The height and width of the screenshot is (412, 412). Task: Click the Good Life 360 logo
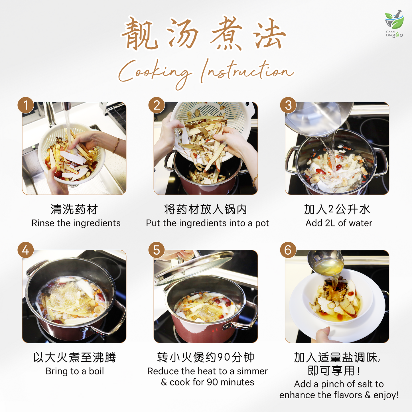[394, 24]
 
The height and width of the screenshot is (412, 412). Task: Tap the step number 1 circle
[26, 105]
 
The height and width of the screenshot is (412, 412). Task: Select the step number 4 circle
[26, 250]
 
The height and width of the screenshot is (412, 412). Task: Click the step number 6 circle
[288, 250]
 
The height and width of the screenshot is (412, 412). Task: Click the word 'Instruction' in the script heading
[247, 71]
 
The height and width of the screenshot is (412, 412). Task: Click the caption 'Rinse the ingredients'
[76, 223]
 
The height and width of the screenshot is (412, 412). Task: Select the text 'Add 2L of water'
[339, 223]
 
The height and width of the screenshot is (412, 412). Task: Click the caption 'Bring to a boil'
[75, 371]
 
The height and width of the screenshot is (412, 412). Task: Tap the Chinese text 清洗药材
[74, 209]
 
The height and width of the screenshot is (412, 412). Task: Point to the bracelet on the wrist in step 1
[116, 145]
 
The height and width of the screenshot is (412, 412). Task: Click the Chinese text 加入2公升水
[337, 209]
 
